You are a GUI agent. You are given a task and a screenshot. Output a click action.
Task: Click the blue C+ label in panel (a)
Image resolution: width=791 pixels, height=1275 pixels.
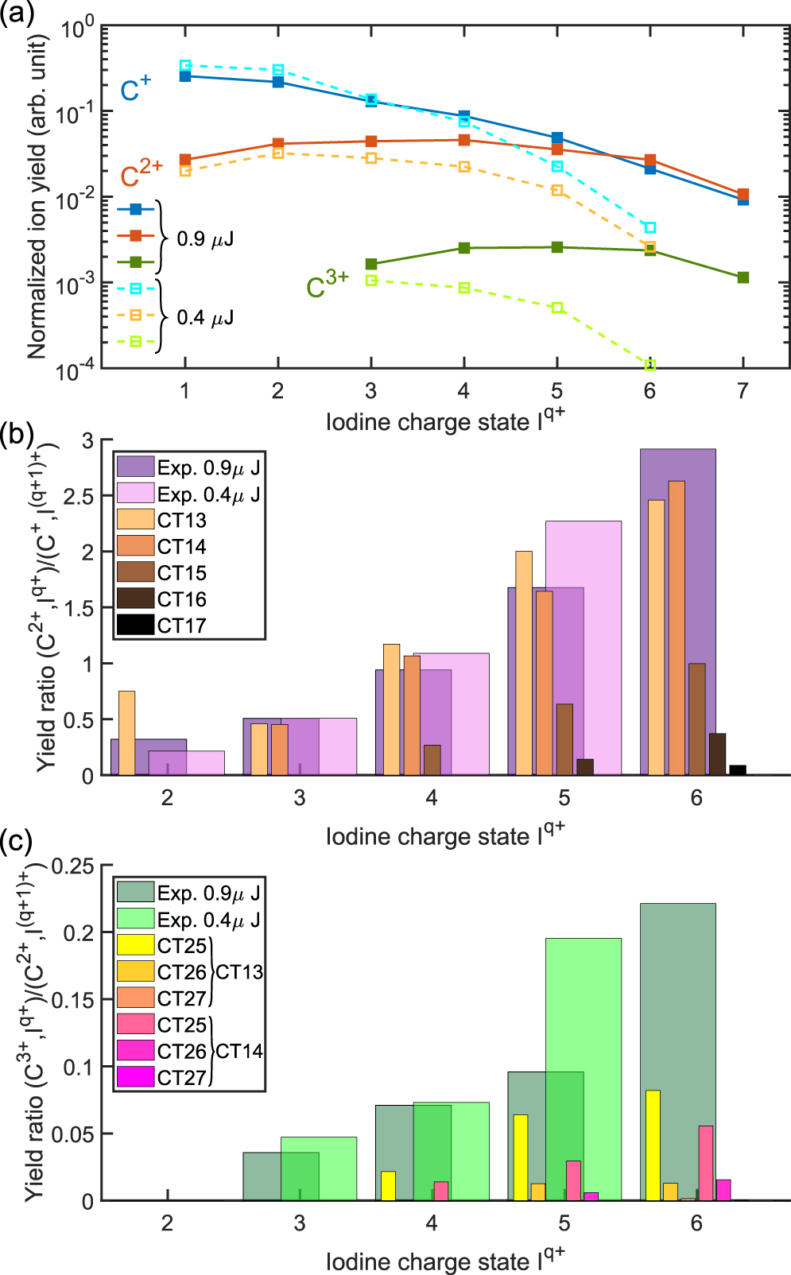pyautogui.click(x=134, y=88)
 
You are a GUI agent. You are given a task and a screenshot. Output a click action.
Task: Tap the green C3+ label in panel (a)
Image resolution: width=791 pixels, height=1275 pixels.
pyautogui.click(x=327, y=284)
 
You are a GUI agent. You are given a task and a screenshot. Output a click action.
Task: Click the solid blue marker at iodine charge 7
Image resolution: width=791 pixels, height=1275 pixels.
pyautogui.click(x=743, y=200)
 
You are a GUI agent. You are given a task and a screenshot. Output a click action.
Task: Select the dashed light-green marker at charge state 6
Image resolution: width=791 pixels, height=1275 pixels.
pyautogui.click(x=650, y=365)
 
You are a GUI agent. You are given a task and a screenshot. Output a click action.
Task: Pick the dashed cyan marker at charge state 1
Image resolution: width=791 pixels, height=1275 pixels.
pyautogui.click(x=185, y=66)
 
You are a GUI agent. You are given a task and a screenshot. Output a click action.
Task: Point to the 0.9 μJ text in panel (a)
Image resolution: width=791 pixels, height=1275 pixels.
pyautogui.click(x=204, y=239)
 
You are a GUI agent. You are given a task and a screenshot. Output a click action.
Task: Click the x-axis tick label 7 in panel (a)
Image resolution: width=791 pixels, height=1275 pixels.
pyautogui.click(x=743, y=390)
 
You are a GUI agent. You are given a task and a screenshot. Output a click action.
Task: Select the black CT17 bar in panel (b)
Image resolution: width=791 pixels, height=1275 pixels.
pyautogui.click(x=738, y=769)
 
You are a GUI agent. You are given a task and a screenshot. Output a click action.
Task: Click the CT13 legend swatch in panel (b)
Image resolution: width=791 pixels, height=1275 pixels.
pyautogui.click(x=135, y=520)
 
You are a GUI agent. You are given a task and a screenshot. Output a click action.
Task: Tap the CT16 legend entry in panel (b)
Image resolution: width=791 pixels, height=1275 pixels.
pyautogui.click(x=181, y=599)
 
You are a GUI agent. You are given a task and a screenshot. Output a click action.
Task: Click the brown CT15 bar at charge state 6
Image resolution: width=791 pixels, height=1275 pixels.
pyautogui.click(x=696, y=719)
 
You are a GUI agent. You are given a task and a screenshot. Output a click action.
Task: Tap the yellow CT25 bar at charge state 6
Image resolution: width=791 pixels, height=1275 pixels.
pyautogui.click(x=653, y=1145)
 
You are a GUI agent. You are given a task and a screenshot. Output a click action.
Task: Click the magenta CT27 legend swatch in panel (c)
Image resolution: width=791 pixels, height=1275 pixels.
pyautogui.click(x=135, y=1077)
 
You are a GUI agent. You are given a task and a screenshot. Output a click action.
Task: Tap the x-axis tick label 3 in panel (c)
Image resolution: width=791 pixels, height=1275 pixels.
pyautogui.click(x=299, y=1223)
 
